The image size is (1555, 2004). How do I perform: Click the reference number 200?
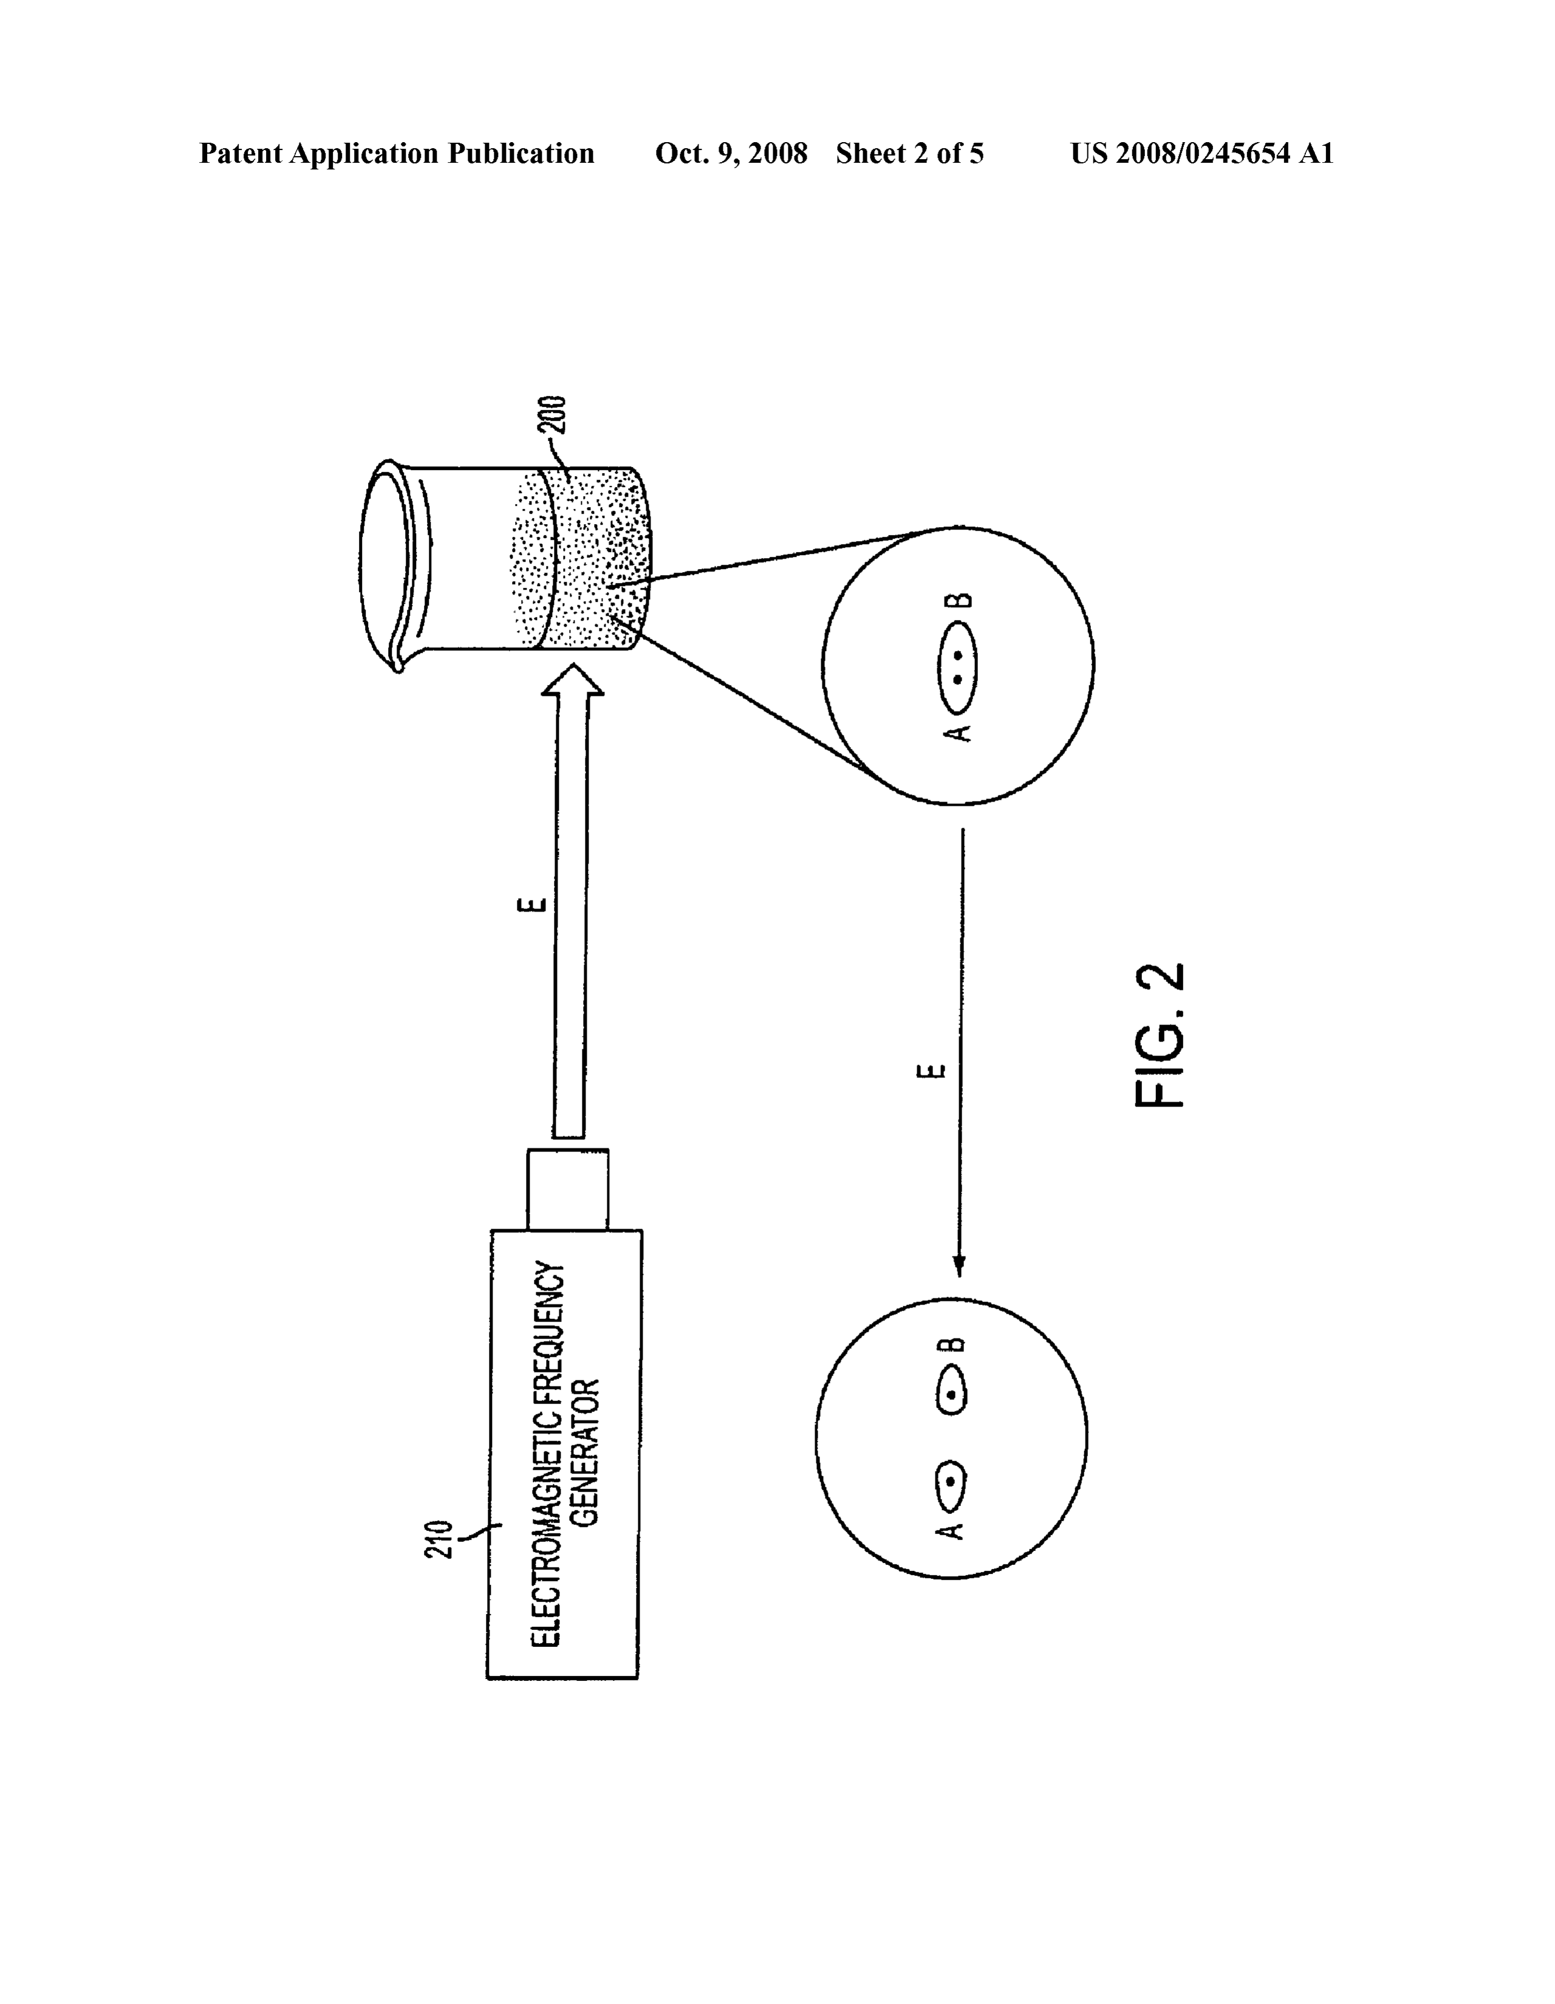(x=557, y=415)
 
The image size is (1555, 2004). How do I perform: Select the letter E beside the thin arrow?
(x=932, y=1071)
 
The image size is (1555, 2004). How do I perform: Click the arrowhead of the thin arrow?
(x=959, y=1264)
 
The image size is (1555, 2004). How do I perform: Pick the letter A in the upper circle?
(x=957, y=731)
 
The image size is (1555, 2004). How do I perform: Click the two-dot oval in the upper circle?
(x=957, y=667)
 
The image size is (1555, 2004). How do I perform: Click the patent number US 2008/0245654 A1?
(x=1201, y=153)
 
